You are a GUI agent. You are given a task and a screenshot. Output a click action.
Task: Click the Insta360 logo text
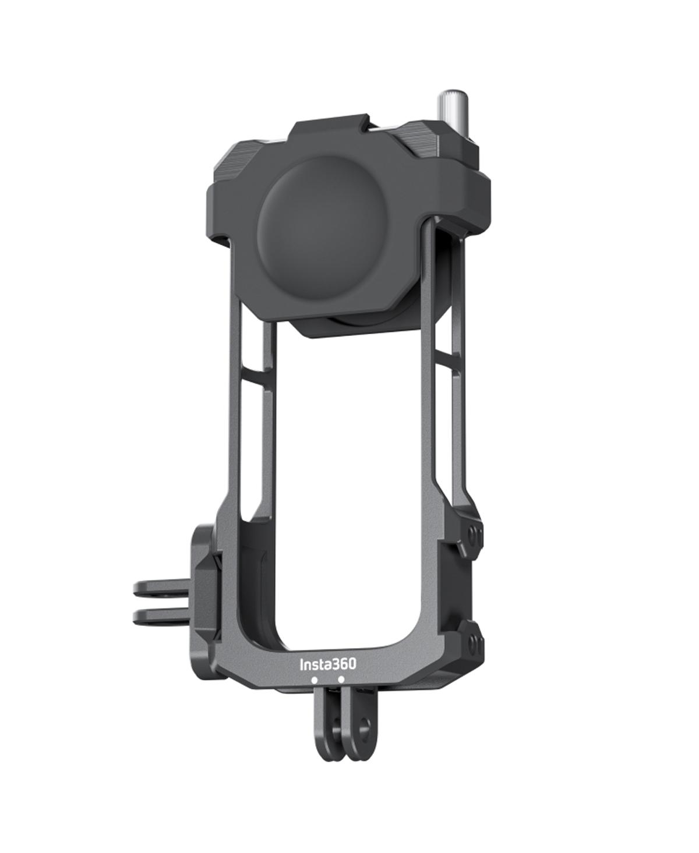327,664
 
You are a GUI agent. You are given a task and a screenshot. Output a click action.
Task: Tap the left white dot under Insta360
314,679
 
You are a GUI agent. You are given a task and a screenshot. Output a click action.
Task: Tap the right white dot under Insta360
341,679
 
